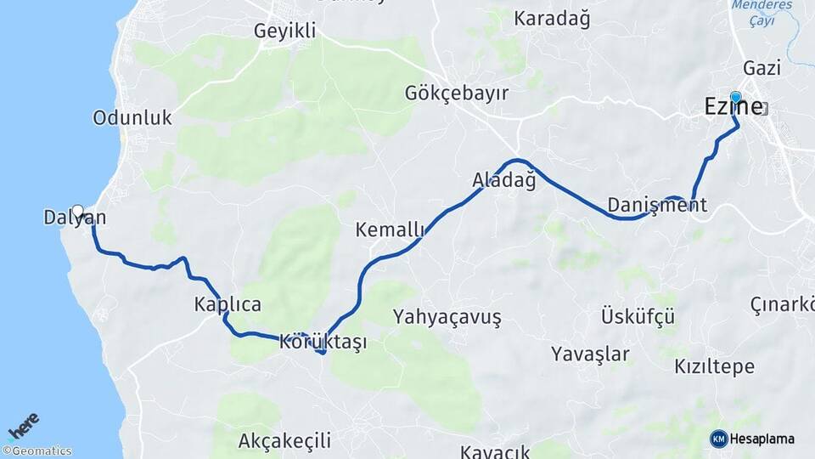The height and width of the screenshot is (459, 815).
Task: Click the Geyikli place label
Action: pyautogui.click(x=284, y=31)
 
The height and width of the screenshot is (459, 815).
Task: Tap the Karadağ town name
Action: pyautogui.click(x=553, y=18)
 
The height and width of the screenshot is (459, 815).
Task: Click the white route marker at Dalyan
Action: pyautogui.click(x=78, y=211)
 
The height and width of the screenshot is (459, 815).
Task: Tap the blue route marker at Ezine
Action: pyautogui.click(x=735, y=98)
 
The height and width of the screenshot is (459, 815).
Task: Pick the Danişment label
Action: pyautogui.click(x=657, y=205)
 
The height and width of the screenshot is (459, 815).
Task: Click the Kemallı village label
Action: pyautogui.click(x=390, y=229)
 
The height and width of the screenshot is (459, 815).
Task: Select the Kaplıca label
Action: pyautogui.click(x=228, y=304)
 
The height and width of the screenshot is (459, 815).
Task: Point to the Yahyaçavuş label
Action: pyautogui.click(x=447, y=317)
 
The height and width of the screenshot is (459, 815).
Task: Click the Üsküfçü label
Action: pyautogui.click(x=638, y=317)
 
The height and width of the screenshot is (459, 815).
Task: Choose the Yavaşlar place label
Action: pyautogui.click(x=590, y=353)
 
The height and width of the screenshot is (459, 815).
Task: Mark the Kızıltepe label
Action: pyautogui.click(x=714, y=367)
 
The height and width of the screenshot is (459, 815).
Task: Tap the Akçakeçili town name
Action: pyautogui.click(x=284, y=441)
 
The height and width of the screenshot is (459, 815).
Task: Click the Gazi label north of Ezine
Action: pyautogui.click(x=762, y=67)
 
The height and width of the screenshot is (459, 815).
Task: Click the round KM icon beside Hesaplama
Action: pyautogui.click(x=719, y=439)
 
